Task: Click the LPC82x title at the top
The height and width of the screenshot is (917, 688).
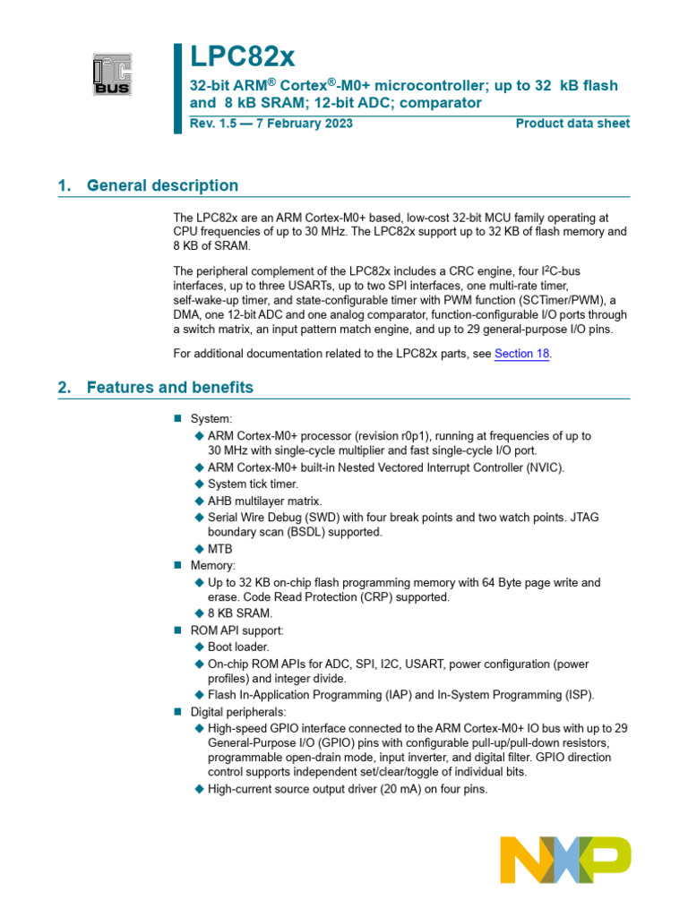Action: pyautogui.click(x=242, y=57)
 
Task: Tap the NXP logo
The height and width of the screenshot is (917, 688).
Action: pyautogui.click(x=565, y=860)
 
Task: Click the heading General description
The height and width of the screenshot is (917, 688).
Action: pyautogui.click(x=162, y=185)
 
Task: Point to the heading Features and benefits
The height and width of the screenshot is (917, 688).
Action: pyautogui.click(x=169, y=388)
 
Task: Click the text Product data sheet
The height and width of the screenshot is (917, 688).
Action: pyautogui.click(x=572, y=124)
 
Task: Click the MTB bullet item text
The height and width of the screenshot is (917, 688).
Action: pyautogui.click(x=220, y=549)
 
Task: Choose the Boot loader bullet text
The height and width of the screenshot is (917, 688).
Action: pyautogui.click(x=237, y=647)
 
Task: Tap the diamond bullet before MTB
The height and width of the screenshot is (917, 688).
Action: pyautogui.click(x=199, y=549)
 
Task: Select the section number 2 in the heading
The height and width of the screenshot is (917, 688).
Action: pyautogui.click(x=64, y=388)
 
